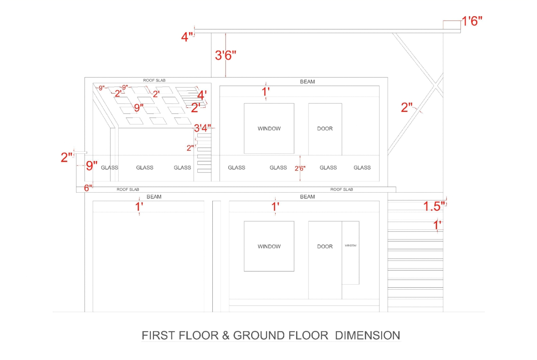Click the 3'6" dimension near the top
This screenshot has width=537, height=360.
pyautogui.click(x=225, y=56)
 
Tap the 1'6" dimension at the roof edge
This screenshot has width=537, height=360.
pyautogui.click(x=472, y=21)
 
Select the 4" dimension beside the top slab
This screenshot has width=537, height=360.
pyautogui.click(x=187, y=37)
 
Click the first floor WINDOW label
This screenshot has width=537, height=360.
pyautogui.click(x=269, y=129)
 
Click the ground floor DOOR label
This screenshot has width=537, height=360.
pyautogui.click(x=325, y=247)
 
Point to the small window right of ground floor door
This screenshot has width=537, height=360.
pyautogui.click(x=350, y=252)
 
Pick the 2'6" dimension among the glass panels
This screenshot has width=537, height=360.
pyautogui.click(x=300, y=169)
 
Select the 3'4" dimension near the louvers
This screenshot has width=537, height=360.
pyautogui.click(x=202, y=128)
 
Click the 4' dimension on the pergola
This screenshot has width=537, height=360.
pyautogui.click(x=202, y=95)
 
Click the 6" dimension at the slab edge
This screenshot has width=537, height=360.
pyautogui.click(x=88, y=188)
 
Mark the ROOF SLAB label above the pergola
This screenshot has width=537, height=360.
pyautogui.click(x=154, y=80)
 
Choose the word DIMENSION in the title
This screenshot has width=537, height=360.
pyautogui.click(x=368, y=336)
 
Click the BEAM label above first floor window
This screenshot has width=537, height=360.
pyautogui.click(x=307, y=82)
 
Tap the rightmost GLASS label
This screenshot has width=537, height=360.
pyautogui.click(x=362, y=168)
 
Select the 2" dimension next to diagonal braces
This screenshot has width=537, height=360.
pyautogui.click(x=407, y=107)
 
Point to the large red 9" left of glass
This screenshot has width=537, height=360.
pyautogui.click(x=92, y=166)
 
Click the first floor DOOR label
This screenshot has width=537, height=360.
pyautogui.click(x=325, y=129)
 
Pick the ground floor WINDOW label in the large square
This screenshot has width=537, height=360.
pyautogui.click(x=269, y=247)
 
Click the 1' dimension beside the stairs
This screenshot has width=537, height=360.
pyautogui.click(x=437, y=225)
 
